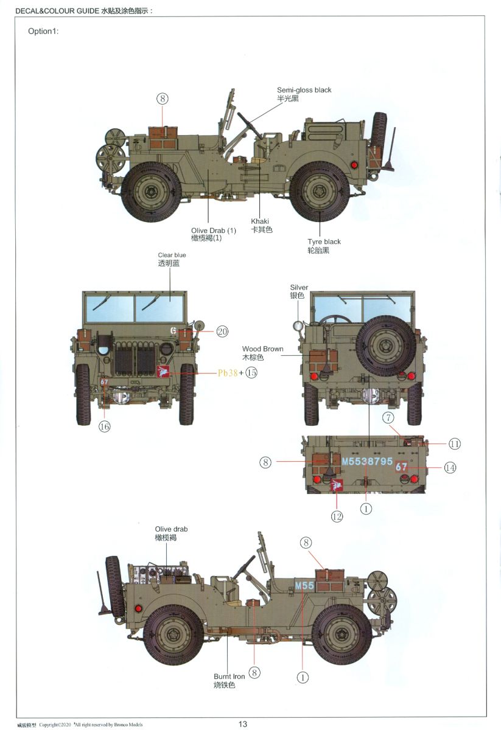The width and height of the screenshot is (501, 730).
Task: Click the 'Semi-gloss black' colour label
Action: (x=304, y=90)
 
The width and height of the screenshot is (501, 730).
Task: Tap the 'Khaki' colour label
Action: (x=260, y=221)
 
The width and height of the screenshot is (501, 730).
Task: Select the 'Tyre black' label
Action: (x=324, y=242)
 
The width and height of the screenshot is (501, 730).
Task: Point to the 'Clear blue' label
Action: (x=172, y=255)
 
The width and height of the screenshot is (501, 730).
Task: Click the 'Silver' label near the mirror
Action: (x=299, y=287)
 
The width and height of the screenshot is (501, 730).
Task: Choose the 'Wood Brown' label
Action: (x=262, y=349)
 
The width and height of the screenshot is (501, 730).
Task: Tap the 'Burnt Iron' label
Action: (x=229, y=676)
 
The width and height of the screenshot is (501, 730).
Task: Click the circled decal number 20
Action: (x=222, y=332)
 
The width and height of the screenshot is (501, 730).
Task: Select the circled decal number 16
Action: (x=104, y=426)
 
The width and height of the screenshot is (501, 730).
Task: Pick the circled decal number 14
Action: (x=450, y=468)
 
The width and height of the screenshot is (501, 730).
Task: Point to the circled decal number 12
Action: (x=337, y=516)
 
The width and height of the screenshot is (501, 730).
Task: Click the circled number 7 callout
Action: (x=388, y=417)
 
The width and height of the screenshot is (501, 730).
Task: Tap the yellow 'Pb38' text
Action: (x=228, y=373)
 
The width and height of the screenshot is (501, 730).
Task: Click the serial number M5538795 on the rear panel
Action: (x=367, y=461)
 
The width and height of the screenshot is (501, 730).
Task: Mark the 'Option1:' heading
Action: (x=43, y=31)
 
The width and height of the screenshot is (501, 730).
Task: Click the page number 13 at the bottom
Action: (x=242, y=724)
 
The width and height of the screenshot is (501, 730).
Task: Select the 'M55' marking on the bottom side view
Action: (x=304, y=586)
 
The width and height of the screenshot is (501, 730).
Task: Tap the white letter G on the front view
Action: (x=173, y=330)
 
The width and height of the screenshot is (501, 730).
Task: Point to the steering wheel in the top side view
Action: (x=250, y=125)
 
